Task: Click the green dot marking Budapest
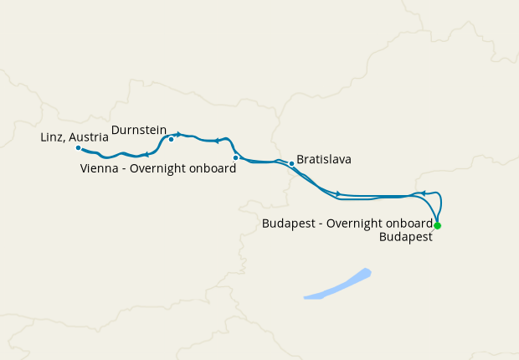point(437,226)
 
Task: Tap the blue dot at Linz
point(78,148)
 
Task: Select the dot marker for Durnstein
point(171,140)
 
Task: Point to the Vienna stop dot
point(235,157)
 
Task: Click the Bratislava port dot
point(291,163)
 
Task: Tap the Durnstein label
point(139,130)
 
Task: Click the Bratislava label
point(324,159)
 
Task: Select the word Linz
point(53,136)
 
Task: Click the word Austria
point(90,136)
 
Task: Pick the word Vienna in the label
point(99,168)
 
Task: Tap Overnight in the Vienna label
point(159,168)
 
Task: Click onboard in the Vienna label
point(213,168)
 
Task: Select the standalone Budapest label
point(405,237)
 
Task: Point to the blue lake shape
point(340,285)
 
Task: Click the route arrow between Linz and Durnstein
point(146,154)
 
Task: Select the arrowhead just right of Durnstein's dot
point(178,135)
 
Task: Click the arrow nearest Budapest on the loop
point(424,193)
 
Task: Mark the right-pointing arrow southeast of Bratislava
point(338,193)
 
